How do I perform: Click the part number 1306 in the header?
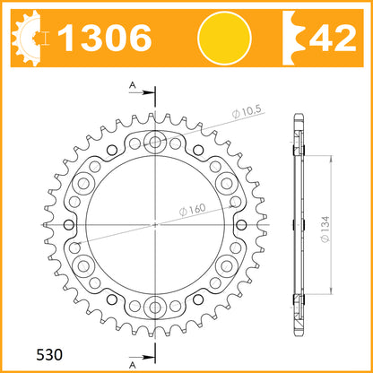click(x=105, y=38)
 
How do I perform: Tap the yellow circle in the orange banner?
click(x=224, y=38)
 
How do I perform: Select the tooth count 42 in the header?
click(x=333, y=38)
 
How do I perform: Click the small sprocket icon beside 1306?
click(x=26, y=38)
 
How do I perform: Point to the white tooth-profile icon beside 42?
click(x=294, y=38)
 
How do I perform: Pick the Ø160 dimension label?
click(x=193, y=209)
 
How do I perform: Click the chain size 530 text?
click(x=49, y=355)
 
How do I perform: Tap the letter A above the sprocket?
click(x=133, y=85)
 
